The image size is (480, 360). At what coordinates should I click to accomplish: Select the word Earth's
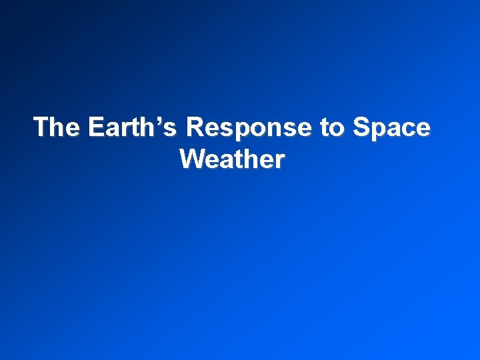point(133,127)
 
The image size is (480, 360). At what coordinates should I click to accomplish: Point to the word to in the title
point(331,127)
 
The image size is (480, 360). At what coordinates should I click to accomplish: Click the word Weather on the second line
point(232,159)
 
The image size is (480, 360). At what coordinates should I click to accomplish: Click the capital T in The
point(41,127)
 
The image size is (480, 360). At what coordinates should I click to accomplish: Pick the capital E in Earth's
point(95,127)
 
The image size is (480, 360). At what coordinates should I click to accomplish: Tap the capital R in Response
point(196,127)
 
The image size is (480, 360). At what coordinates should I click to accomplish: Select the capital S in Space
point(360,127)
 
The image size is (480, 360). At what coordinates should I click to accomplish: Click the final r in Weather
point(280,161)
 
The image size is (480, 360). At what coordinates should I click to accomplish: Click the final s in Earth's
point(175,129)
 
